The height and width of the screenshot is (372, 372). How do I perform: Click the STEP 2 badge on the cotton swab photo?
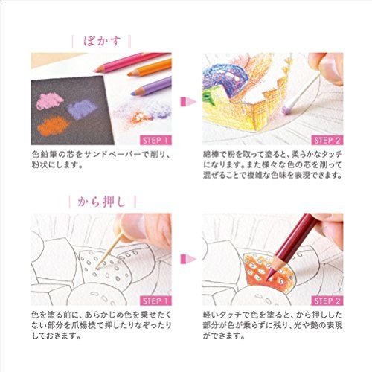(327, 139)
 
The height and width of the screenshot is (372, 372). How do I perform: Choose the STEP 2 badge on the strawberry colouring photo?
(327, 300)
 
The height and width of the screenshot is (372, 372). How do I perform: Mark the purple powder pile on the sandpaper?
(82, 110)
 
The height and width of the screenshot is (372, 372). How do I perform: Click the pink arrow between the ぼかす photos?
(186, 100)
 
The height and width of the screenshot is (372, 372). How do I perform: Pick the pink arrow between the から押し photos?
(186, 260)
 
